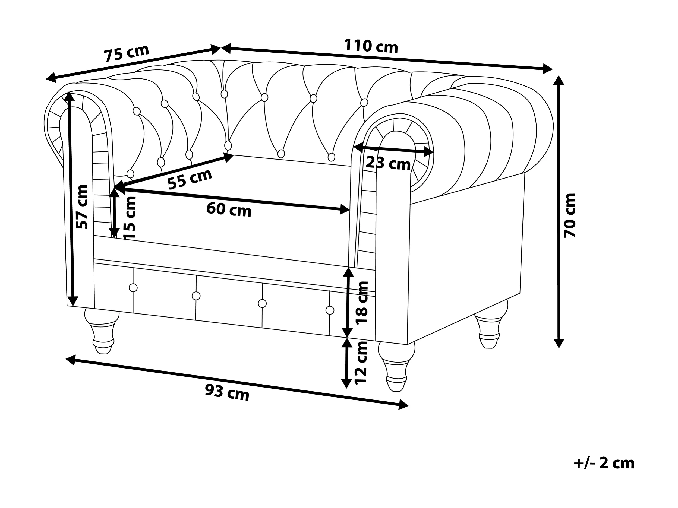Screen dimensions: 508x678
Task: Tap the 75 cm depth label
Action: pyautogui.click(x=126, y=53)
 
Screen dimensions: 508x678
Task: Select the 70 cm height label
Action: pyautogui.click(x=570, y=215)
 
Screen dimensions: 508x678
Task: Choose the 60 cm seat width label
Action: pyautogui.click(x=229, y=210)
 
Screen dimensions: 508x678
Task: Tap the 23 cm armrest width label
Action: pyautogui.click(x=388, y=163)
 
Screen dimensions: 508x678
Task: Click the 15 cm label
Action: pyautogui.click(x=129, y=218)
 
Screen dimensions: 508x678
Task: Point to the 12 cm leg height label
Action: pyautogui.click(x=361, y=363)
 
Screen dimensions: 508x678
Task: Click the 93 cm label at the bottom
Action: pyautogui.click(x=227, y=392)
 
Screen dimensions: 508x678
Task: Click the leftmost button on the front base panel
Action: pyautogui.click(x=133, y=288)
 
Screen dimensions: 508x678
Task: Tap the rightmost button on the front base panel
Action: pyautogui.click(x=330, y=310)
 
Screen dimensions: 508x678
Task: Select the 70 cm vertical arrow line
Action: pyautogui.click(x=559, y=211)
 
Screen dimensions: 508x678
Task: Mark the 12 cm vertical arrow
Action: pyautogui.click(x=347, y=363)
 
